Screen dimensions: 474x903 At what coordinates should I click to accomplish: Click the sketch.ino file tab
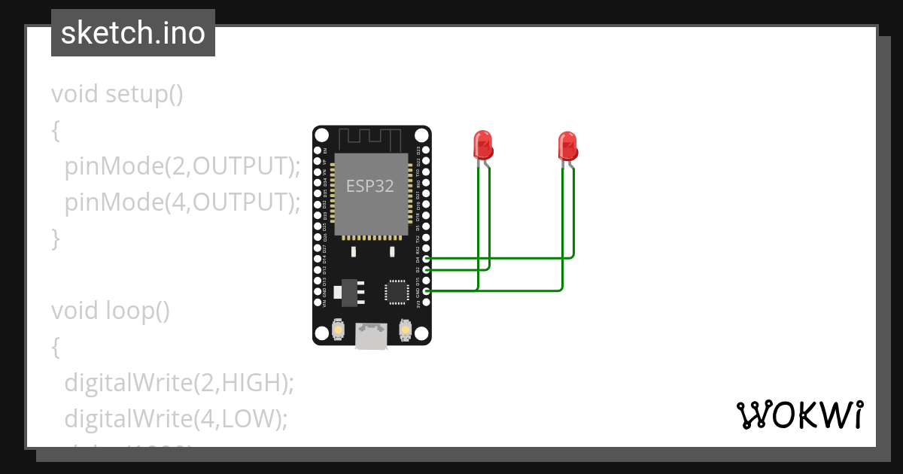pos(133,33)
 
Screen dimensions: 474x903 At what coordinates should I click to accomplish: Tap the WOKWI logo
pos(799,415)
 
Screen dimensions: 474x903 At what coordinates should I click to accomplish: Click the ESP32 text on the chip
pos(369,187)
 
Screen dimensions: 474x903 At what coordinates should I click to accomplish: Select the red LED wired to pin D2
pos(482,144)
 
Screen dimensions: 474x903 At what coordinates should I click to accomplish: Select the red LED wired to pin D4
pos(567,145)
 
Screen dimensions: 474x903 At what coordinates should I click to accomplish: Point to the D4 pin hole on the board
pos(427,259)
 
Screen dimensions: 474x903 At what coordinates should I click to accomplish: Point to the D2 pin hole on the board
pos(427,269)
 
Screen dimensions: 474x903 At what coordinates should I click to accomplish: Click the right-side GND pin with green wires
pos(427,291)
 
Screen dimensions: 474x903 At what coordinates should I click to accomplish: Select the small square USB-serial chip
pos(396,292)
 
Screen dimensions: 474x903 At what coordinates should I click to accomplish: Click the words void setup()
pos(117,95)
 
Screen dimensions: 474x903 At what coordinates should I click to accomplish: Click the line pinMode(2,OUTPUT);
pos(182,166)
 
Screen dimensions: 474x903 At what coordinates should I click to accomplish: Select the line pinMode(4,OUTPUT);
pos(182,202)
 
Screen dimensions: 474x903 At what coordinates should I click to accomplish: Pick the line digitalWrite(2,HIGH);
pos(179,382)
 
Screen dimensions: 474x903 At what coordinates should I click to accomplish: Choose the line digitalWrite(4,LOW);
pos(176,418)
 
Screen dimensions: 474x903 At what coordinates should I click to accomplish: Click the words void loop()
pos(111,310)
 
